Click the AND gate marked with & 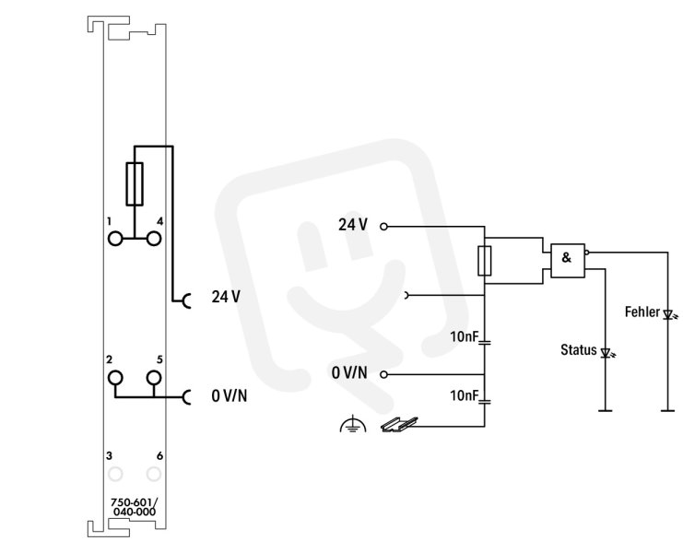(x=568, y=261)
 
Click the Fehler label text (x=642, y=312)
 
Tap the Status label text (x=579, y=349)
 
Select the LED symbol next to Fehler (x=669, y=314)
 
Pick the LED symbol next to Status (x=606, y=352)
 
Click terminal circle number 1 (x=115, y=239)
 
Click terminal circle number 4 (x=154, y=239)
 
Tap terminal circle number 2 (x=115, y=378)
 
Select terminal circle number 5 (x=154, y=378)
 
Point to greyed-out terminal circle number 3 (x=115, y=474)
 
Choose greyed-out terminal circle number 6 (x=154, y=474)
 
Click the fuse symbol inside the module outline (x=135, y=183)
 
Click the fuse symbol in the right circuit (x=485, y=261)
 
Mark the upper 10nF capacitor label (x=465, y=336)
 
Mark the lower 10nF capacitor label (x=465, y=395)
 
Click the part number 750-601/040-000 (x=135, y=507)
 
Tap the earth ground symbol (x=353, y=425)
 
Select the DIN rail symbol (x=399, y=424)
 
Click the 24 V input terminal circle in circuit (x=383, y=227)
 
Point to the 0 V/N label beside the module (x=230, y=395)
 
